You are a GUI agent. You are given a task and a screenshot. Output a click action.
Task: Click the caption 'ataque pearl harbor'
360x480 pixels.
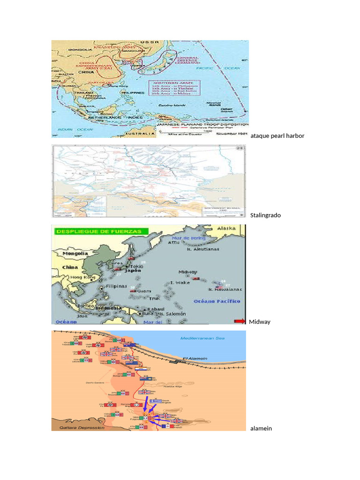(277, 136)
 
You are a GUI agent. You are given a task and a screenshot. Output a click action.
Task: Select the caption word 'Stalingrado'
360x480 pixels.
(265, 216)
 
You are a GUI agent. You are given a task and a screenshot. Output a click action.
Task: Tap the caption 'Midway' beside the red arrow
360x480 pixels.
(259, 322)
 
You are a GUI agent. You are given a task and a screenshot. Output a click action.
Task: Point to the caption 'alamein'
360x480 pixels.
(261, 428)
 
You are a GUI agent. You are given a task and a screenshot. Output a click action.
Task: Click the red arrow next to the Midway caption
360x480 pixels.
(240, 321)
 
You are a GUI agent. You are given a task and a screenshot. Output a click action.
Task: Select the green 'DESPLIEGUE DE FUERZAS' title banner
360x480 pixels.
(100, 231)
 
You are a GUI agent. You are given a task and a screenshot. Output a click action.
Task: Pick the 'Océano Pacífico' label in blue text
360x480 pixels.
(217, 301)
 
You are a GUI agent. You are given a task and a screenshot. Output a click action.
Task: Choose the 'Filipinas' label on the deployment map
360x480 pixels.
(117, 286)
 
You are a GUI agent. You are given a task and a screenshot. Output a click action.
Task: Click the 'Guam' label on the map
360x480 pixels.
(144, 291)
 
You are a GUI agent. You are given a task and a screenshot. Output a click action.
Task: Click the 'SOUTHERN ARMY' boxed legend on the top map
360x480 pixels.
(174, 88)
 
